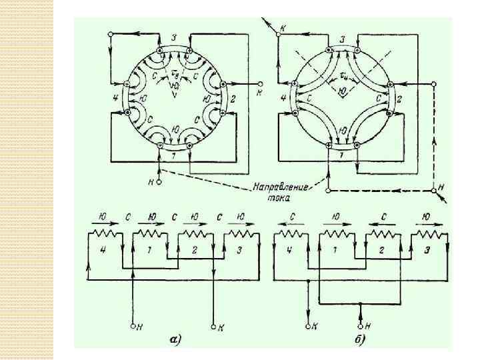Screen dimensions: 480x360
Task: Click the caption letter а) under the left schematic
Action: (x=175, y=339)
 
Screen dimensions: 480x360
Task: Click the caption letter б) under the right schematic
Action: (x=361, y=339)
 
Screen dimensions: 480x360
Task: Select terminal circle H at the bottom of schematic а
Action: (x=133, y=326)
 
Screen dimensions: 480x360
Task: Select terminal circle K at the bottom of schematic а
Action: (x=213, y=326)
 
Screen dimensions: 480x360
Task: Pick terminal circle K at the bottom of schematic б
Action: (x=307, y=326)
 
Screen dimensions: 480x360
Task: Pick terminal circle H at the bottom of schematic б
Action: (x=361, y=326)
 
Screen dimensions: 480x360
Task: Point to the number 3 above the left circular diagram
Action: (x=175, y=39)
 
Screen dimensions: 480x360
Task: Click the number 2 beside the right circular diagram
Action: (x=399, y=99)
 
